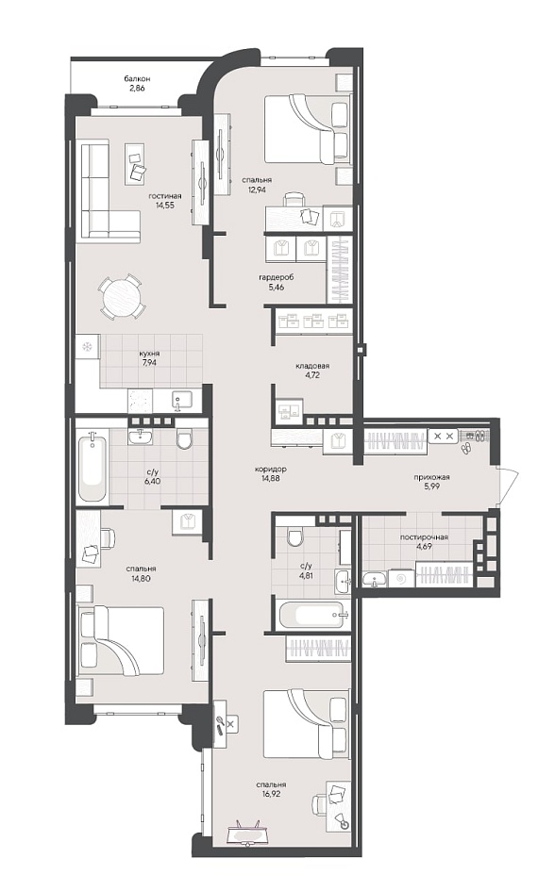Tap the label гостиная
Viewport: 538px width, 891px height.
161,196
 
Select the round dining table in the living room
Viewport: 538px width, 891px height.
121,297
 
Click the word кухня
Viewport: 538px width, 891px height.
149,353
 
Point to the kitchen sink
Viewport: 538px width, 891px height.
182,400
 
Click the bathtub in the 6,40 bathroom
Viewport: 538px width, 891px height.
92,465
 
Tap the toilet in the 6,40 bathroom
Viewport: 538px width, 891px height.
184,438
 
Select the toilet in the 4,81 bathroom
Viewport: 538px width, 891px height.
294,536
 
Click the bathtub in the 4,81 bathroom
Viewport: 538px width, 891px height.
312,614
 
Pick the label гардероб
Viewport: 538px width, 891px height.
276,277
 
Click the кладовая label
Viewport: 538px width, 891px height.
312,366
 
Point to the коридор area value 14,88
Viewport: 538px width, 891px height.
270,478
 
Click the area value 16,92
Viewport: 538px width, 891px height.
270,793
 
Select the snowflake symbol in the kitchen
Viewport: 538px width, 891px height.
88,347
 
